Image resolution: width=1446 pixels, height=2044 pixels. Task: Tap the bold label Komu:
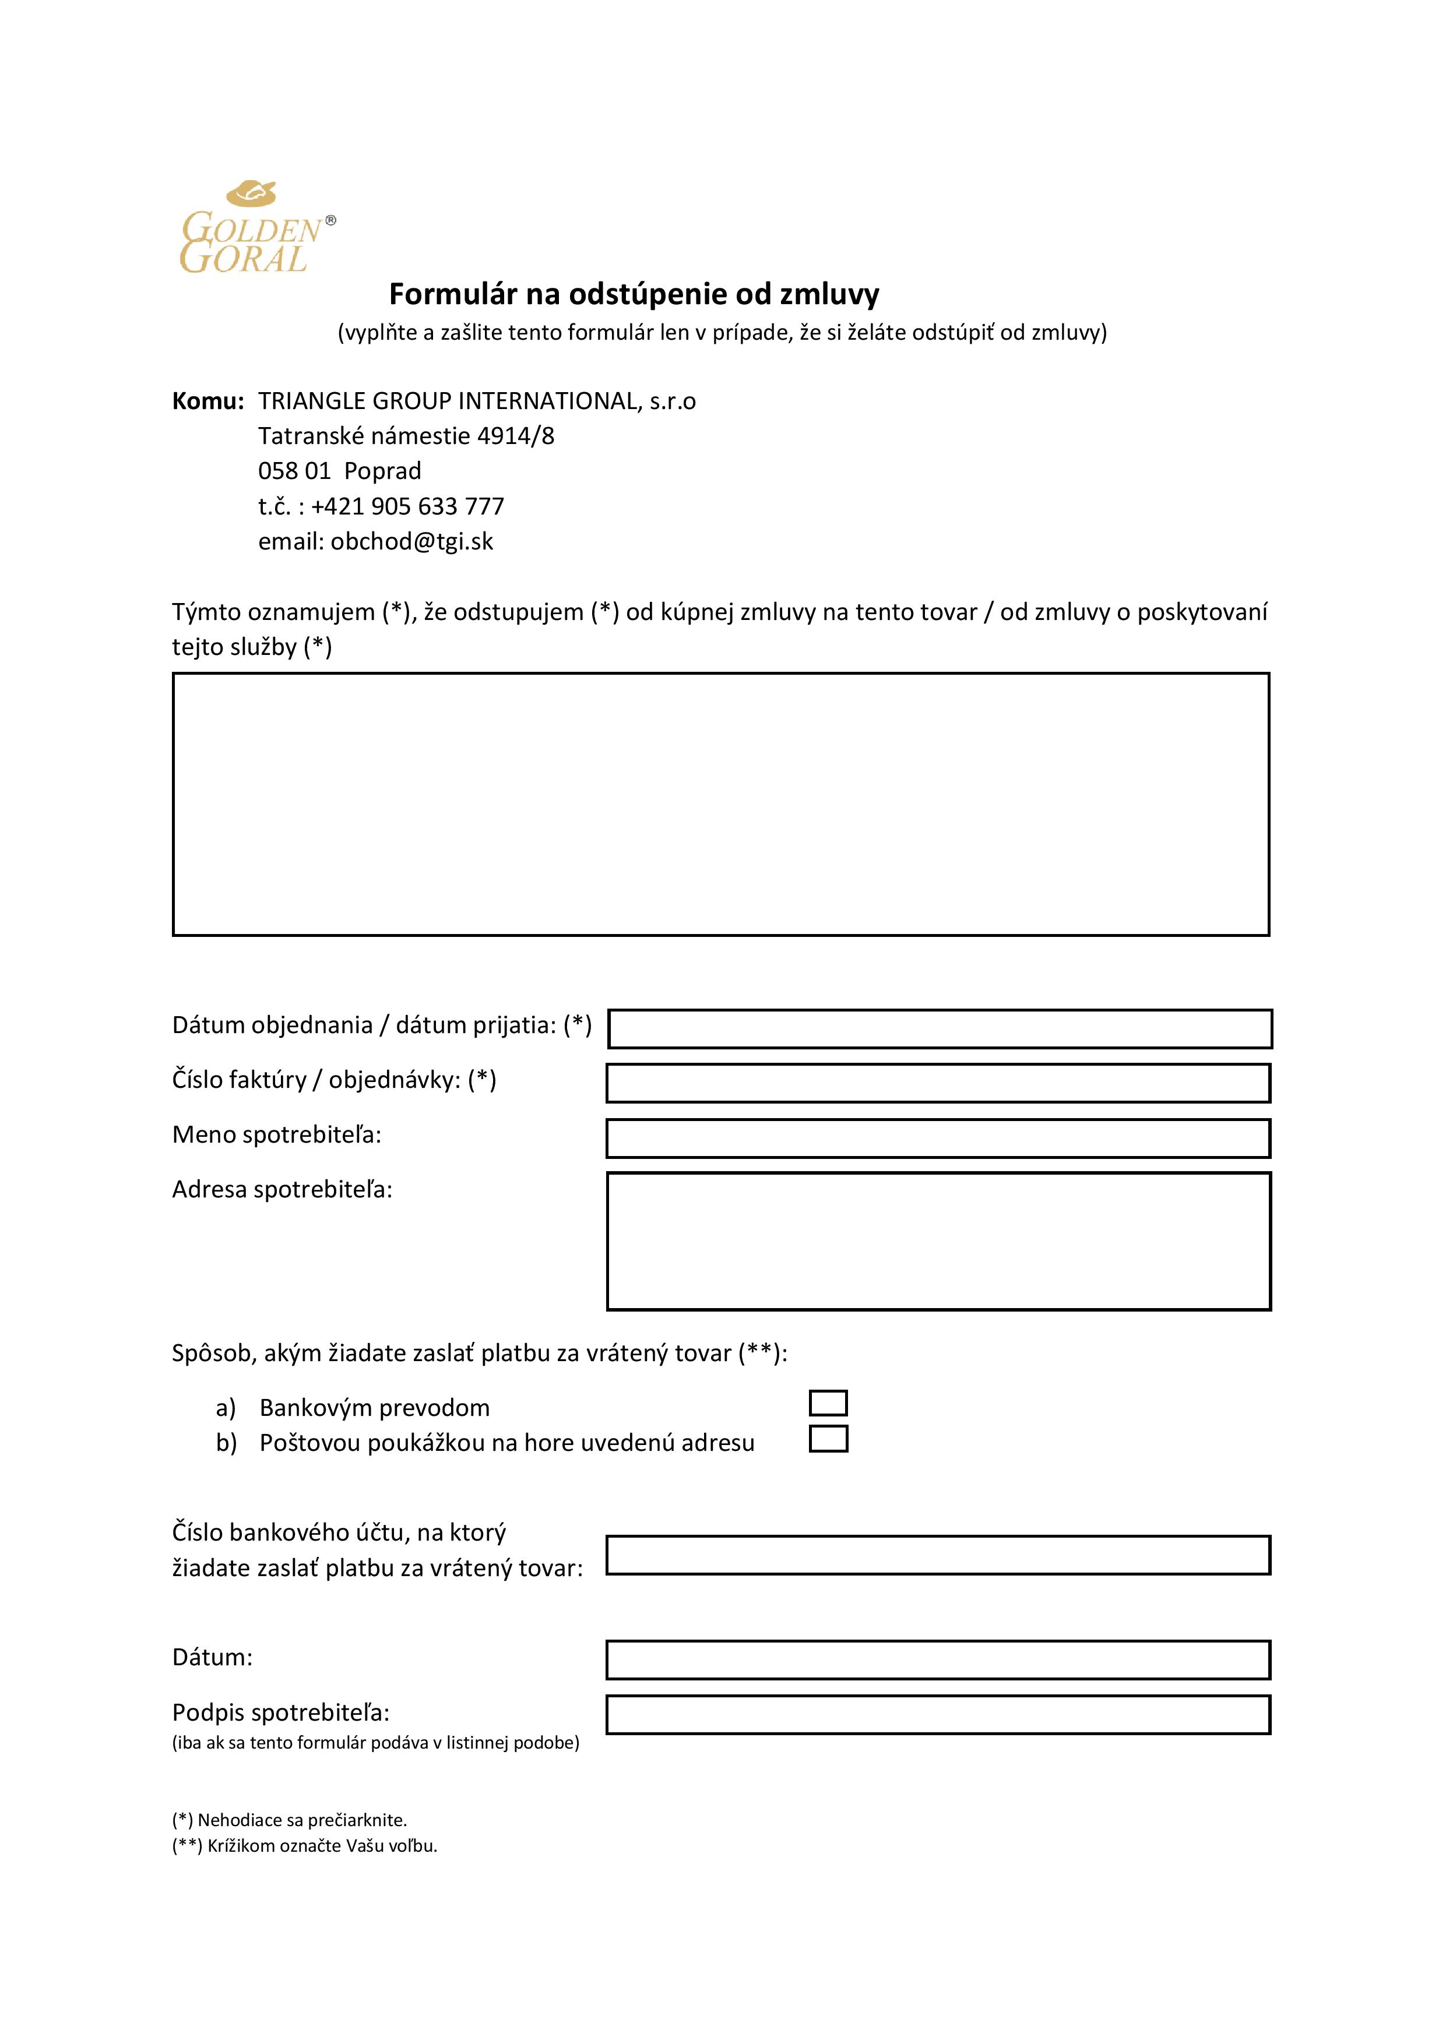207,401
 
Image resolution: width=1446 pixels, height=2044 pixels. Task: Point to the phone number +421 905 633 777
408,506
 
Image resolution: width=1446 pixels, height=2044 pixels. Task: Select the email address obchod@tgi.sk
411,541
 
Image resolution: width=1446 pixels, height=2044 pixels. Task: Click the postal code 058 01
294,471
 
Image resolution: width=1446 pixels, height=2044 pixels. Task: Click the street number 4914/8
516,436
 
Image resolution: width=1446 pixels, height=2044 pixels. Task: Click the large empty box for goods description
720,804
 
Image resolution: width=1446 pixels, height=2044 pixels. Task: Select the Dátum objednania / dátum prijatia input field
940,1028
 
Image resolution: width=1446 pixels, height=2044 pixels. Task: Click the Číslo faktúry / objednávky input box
938,1083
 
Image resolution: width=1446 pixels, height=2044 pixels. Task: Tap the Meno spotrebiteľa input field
938,1139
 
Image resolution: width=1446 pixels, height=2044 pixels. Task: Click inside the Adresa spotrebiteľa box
938,1241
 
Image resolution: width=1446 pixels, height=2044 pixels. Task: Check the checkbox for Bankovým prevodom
828,1403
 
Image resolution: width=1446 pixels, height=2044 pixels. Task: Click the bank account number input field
938,1555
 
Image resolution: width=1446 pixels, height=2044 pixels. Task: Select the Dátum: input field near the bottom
938,1660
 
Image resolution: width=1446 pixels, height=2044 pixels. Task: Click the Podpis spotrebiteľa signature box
938,1715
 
